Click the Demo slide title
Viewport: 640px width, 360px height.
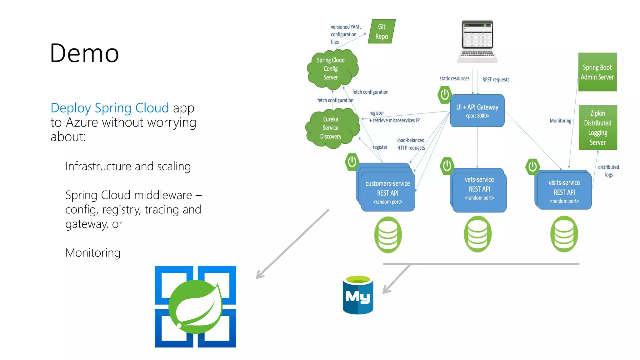point(84,53)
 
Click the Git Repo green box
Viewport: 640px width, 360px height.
point(382,32)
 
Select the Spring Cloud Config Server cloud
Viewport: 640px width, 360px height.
point(331,68)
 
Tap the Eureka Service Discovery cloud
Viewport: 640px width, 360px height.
point(331,128)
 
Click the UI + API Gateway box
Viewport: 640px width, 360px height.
point(477,111)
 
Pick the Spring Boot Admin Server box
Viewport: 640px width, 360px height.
point(597,72)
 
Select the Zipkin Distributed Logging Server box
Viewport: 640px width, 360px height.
point(597,127)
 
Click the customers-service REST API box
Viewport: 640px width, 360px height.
point(387,192)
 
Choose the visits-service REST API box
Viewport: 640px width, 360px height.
point(564,191)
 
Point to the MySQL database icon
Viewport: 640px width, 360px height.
point(358,295)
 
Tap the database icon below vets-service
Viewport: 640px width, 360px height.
point(477,234)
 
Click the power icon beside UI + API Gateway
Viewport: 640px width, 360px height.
point(444,94)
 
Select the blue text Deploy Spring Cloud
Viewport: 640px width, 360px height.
point(109,108)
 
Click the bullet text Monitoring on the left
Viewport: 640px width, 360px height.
point(93,252)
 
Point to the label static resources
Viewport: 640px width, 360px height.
point(454,78)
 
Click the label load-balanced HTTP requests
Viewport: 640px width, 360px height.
point(411,144)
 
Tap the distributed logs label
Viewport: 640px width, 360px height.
point(608,171)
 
